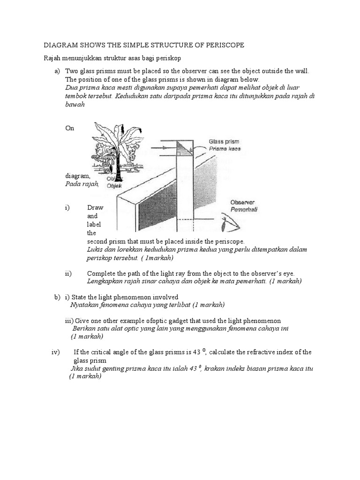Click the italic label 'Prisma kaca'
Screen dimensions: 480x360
click(x=225, y=149)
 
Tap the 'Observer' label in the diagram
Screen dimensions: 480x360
click(x=242, y=202)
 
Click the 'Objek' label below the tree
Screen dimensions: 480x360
click(x=114, y=186)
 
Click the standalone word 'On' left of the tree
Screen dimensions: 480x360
click(x=69, y=128)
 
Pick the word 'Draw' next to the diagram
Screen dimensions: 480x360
click(x=95, y=208)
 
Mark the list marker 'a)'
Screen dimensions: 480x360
click(x=58, y=71)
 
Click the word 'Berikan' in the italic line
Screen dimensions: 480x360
click(x=83, y=329)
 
